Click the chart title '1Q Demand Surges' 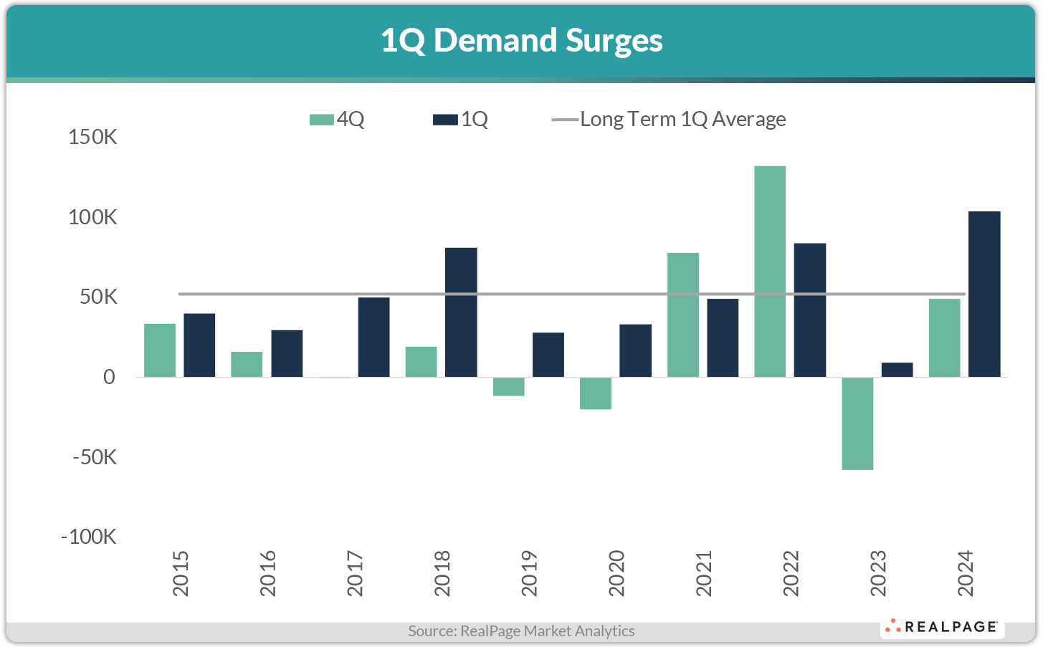click(521, 41)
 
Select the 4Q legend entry click(337, 120)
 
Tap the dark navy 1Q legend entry click(461, 120)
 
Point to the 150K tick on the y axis click(92, 137)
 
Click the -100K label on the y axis click(89, 537)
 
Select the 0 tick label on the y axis click(108, 377)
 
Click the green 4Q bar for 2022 click(770, 272)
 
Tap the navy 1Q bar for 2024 click(984, 294)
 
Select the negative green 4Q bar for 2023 click(857, 423)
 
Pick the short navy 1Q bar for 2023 click(897, 370)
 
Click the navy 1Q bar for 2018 click(461, 312)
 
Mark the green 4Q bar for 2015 click(160, 350)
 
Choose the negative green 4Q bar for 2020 click(596, 393)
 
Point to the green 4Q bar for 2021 click(683, 315)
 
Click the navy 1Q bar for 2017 click(373, 337)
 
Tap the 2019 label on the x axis click(529, 573)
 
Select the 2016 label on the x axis click(267, 573)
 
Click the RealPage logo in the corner click(942, 627)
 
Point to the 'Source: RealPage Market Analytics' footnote click(521, 631)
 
